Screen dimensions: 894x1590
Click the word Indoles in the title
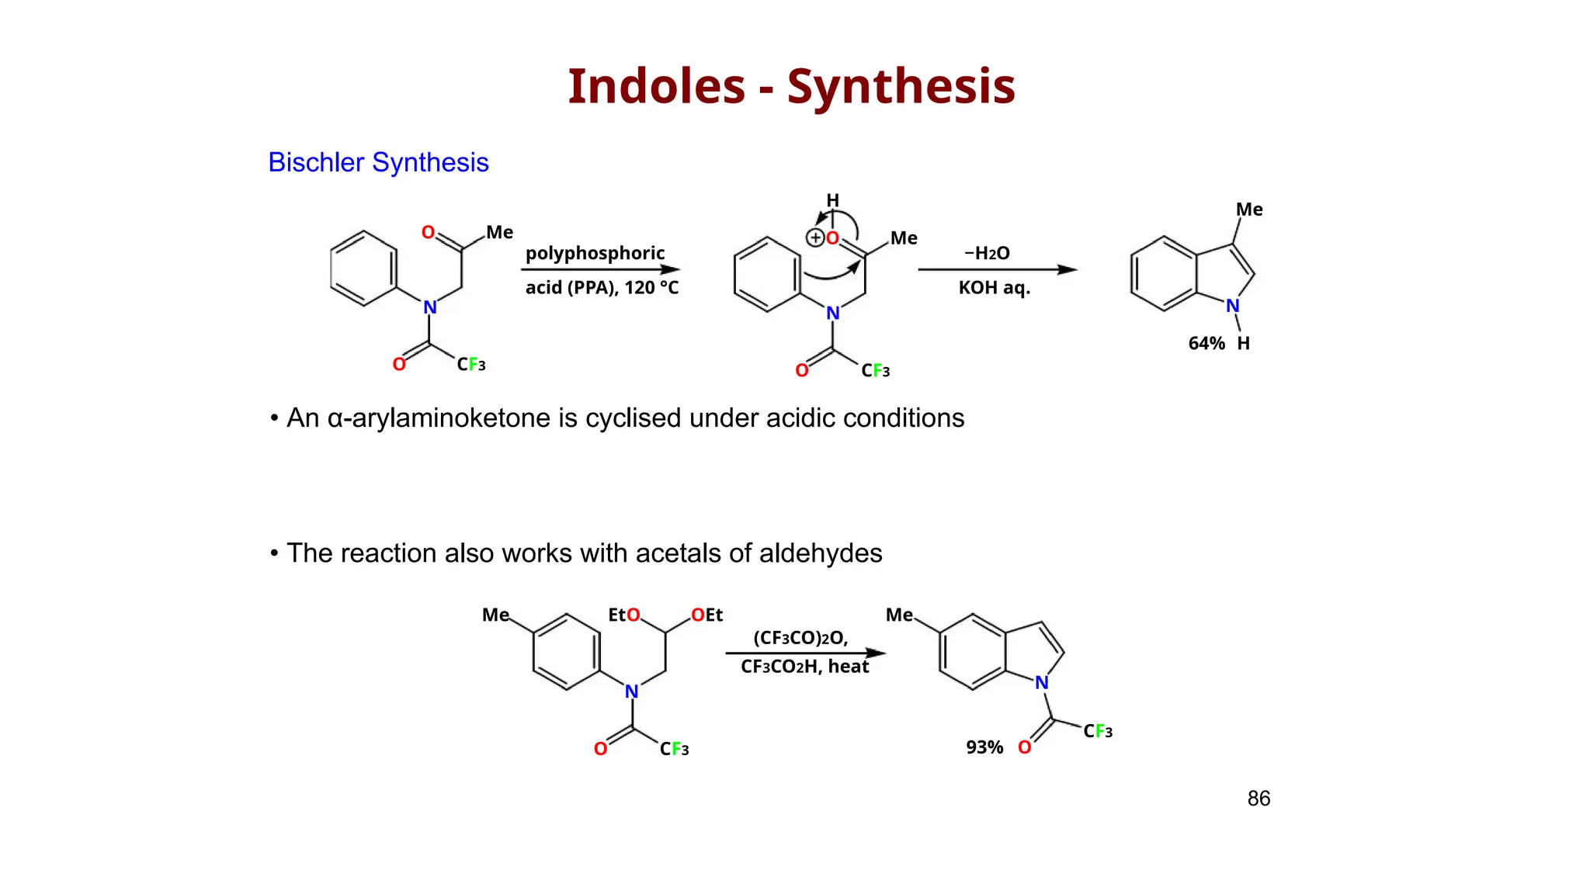click(x=656, y=86)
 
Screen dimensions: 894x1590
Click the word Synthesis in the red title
click(x=901, y=86)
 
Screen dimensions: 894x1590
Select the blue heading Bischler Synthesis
click(x=378, y=162)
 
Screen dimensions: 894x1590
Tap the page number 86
click(x=1258, y=799)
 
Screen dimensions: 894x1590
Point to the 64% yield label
click(x=1206, y=344)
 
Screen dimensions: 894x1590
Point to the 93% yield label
click(x=984, y=747)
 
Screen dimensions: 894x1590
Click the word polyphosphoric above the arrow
click(x=595, y=254)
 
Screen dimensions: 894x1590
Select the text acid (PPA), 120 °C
click(x=602, y=288)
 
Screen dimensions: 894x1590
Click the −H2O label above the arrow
click(x=987, y=254)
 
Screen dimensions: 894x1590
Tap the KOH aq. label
click(x=994, y=288)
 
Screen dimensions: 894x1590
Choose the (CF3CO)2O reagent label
click(x=800, y=638)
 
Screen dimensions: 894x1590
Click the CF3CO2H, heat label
click(x=804, y=667)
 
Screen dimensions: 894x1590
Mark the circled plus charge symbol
click(x=815, y=238)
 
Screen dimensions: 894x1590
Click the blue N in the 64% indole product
click(x=1232, y=307)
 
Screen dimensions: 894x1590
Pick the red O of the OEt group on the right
click(x=698, y=615)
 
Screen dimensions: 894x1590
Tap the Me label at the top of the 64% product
click(x=1249, y=210)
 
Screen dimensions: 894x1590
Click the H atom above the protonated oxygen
click(x=832, y=201)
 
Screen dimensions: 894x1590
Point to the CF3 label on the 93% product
click(x=1098, y=731)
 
